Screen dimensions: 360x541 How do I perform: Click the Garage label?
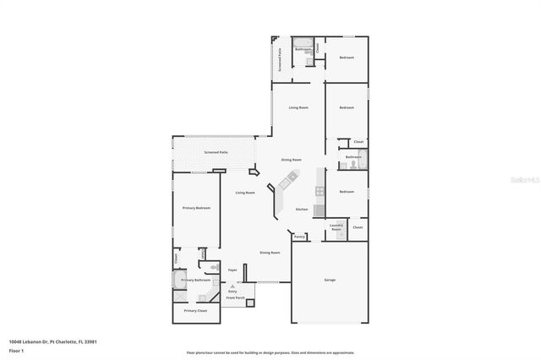point(329,281)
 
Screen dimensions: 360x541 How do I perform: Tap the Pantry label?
point(299,237)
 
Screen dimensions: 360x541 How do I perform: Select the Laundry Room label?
point(336,226)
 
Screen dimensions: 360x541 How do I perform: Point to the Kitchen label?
point(301,210)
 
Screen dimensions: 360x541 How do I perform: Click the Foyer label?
point(232,270)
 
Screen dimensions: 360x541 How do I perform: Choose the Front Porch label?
point(234,298)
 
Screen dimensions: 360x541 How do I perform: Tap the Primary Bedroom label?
point(196,208)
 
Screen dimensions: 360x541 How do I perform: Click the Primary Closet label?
point(196,311)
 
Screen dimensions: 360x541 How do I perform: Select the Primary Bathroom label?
point(196,280)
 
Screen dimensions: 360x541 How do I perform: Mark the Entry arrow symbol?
point(232,286)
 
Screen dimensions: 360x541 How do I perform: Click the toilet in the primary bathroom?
point(204,254)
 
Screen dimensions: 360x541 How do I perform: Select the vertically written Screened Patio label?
point(280,59)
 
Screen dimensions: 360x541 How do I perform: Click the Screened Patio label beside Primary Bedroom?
point(216,153)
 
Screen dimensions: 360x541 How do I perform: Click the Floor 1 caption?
point(16,351)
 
